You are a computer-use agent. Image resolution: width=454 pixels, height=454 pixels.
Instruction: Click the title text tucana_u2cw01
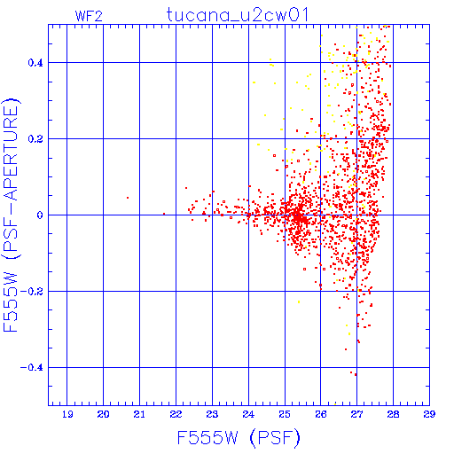(238, 15)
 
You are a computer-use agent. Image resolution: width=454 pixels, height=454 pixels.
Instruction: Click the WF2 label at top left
(89, 16)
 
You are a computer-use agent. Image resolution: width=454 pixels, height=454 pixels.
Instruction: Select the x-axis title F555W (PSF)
(239, 437)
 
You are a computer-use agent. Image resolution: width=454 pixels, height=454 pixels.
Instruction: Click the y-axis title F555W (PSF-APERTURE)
(12, 215)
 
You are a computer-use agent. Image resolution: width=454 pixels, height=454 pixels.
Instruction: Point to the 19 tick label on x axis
(67, 414)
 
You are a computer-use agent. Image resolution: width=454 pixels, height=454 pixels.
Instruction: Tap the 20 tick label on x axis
(103, 414)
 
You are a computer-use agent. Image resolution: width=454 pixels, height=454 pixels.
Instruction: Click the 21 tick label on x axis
(139, 414)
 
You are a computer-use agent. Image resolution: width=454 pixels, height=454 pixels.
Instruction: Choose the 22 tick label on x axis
(176, 414)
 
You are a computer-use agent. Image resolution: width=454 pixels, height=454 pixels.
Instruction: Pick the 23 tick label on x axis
(212, 414)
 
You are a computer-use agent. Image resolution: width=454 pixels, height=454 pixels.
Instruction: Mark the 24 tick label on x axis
(248, 414)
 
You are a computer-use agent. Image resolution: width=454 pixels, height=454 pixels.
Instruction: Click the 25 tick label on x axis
(285, 414)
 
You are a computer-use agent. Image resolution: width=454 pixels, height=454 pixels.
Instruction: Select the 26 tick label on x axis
(321, 414)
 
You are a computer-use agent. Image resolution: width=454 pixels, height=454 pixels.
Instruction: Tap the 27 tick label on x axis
(357, 414)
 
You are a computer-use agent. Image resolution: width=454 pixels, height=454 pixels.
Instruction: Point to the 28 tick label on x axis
(394, 414)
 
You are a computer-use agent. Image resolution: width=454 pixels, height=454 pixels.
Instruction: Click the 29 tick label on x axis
(429, 414)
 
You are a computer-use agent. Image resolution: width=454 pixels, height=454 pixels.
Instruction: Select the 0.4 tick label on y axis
(35, 63)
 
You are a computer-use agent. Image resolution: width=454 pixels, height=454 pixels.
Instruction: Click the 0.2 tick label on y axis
(35, 139)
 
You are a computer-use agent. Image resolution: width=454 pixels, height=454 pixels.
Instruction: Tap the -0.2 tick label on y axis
(32, 292)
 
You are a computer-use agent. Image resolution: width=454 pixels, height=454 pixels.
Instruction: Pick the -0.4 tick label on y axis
(32, 368)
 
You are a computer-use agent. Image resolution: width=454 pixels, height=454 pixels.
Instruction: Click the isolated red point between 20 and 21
(128, 198)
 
